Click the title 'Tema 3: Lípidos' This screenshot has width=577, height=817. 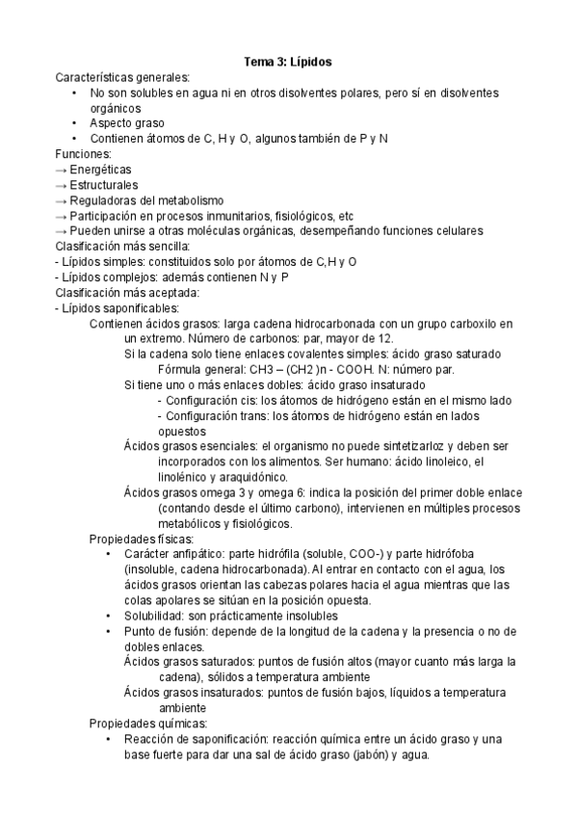[288, 62]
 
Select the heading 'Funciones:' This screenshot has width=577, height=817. [84, 154]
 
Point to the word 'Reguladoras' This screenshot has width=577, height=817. [107, 200]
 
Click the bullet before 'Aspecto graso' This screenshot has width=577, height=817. [75, 123]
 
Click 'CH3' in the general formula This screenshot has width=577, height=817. [254, 369]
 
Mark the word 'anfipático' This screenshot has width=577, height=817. [197, 554]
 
